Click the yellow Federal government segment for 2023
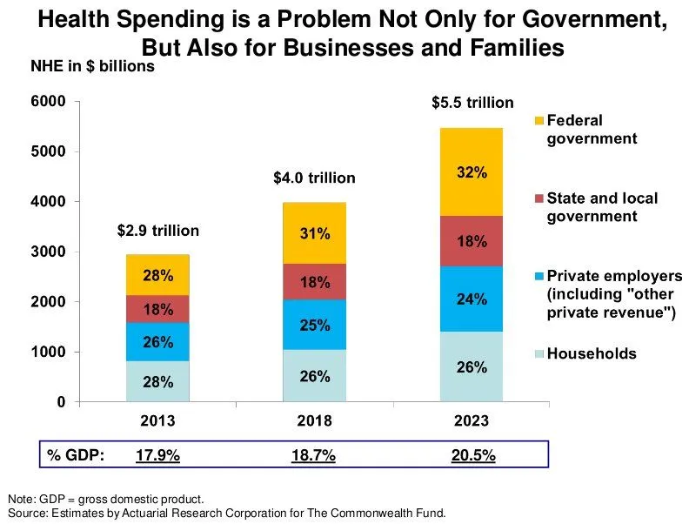(x=471, y=172)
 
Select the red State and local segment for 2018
(x=314, y=281)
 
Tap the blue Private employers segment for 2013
(x=157, y=341)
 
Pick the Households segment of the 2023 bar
(x=471, y=366)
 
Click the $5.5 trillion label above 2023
(x=472, y=103)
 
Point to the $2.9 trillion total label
(x=158, y=231)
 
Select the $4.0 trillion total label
(x=314, y=178)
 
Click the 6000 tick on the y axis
(x=50, y=102)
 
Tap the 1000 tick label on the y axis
(x=50, y=353)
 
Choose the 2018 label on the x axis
(x=314, y=420)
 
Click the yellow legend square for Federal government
(x=539, y=120)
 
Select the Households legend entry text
(x=592, y=353)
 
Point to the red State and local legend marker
(x=539, y=198)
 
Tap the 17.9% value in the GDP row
(x=158, y=454)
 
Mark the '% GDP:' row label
(x=76, y=454)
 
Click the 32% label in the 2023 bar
(x=471, y=172)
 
